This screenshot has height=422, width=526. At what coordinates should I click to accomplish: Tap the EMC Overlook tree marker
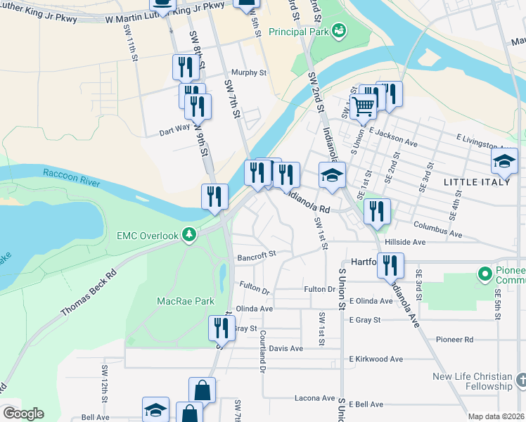[188, 234]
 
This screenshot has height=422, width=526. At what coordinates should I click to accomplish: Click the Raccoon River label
[71, 177]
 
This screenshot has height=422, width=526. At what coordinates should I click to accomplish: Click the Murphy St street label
[250, 72]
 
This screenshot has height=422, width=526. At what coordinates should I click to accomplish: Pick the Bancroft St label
[254, 255]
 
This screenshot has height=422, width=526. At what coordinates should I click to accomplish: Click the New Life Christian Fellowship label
[472, 381]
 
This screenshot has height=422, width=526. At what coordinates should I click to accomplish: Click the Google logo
[23, 413]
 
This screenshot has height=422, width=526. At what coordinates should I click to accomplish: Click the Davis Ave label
[286, 348]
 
